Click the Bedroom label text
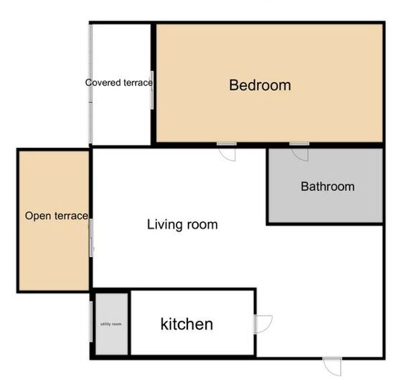260,85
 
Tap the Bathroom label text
327,187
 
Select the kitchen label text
187,324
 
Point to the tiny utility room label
110,324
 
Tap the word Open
38,215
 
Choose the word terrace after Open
71,215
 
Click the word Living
163,225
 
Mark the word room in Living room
202,225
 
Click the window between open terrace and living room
91,238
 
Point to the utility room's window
92,324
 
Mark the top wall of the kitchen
192,289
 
